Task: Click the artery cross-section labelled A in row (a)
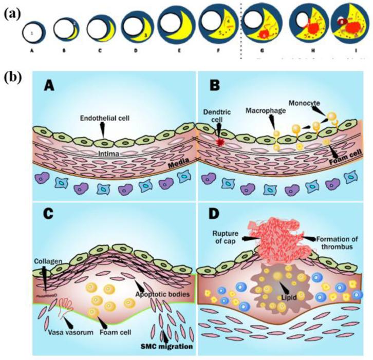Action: coord(33,33)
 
